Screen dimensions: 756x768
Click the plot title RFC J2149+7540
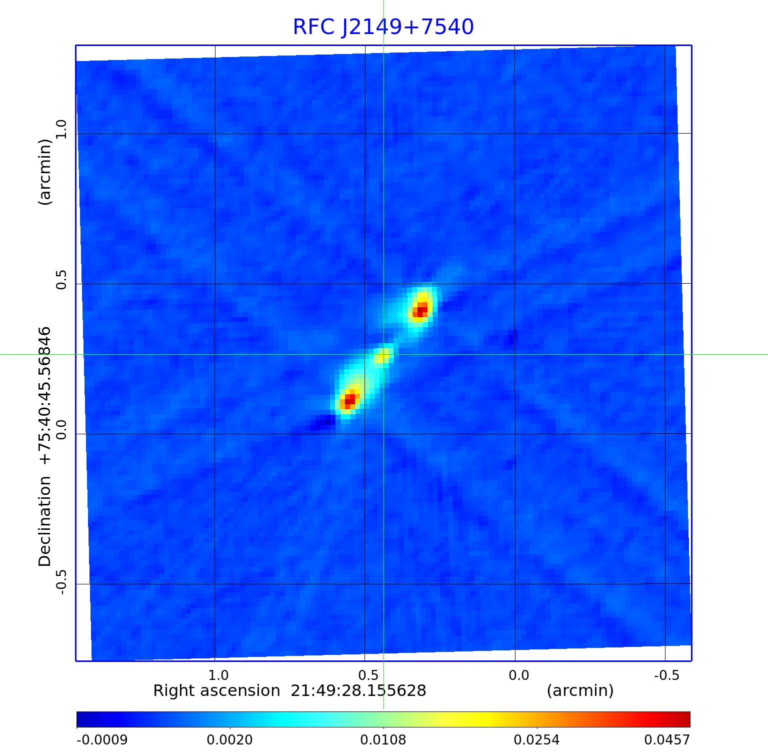click(x=383, y=27)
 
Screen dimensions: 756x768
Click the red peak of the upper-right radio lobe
click(x=420, y=310)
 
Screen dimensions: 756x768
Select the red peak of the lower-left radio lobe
click(x=349, y=400)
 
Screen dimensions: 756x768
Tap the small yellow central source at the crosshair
click(x=382, y=356)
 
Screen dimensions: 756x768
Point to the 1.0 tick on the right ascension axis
click(x=218, y=675)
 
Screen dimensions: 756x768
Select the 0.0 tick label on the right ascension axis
click(x=518, y=675)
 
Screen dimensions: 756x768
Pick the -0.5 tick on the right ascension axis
click(x=666, y=675)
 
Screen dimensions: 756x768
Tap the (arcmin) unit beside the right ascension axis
click(x=580, y=691)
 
